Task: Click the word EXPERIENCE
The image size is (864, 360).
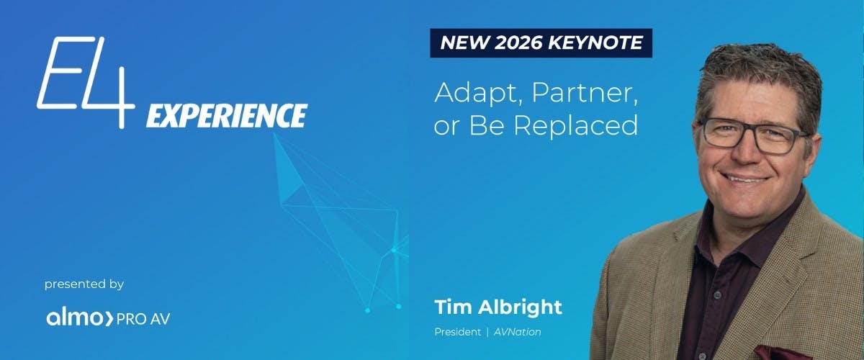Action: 226,114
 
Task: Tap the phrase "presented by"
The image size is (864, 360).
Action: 84,284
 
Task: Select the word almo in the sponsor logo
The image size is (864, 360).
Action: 73,318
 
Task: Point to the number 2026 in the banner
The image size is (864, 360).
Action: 520,42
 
